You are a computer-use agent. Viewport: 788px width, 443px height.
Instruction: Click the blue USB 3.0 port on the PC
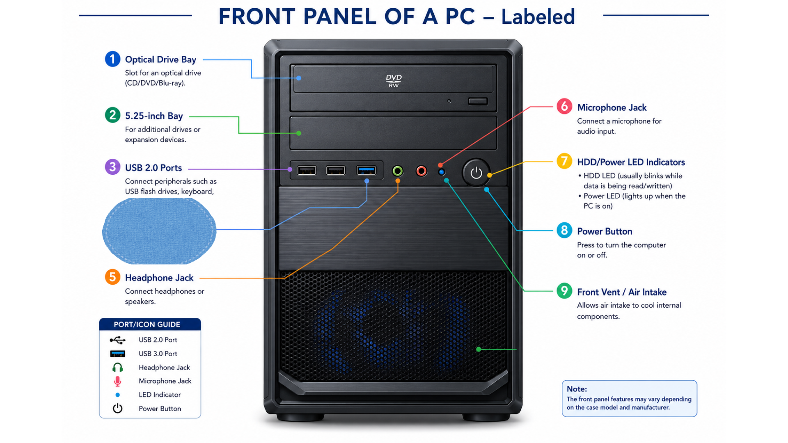click(366, 170)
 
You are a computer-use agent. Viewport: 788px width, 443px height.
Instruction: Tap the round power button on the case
click(476, 173)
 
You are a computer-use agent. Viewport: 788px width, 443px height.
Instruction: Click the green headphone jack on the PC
click(397, 171)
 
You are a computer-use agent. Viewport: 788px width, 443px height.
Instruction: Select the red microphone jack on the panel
click(421, 171)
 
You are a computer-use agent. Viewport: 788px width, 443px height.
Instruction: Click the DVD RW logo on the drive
click(394, 81)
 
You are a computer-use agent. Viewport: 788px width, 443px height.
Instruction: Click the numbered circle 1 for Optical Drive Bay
click(112, 59)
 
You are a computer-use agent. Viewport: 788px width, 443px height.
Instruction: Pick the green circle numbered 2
click(112, 115)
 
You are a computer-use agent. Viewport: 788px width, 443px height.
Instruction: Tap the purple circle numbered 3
click(112, 167)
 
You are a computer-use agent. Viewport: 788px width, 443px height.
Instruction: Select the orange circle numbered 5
click(112, 277)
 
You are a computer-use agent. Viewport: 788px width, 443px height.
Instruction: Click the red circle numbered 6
click(564, 106)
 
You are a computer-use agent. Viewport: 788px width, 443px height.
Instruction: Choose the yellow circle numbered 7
click(564, 161)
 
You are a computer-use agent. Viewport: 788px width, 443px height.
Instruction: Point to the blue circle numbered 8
click(564, 230)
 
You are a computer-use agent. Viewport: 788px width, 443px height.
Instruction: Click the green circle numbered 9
click(564, 291)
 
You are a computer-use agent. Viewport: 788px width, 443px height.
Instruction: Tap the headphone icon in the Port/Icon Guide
click(117, 367)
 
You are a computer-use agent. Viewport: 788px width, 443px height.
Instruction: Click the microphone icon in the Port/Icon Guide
click(117, 381)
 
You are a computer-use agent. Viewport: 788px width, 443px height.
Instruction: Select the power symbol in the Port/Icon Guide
click(117, 408)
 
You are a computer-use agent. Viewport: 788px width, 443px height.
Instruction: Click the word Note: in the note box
click(577, 389)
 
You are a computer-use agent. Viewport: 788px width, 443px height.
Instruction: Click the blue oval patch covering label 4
click(159, 231)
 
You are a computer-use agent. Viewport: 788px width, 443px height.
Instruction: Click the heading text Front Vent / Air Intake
click(622, 292)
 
